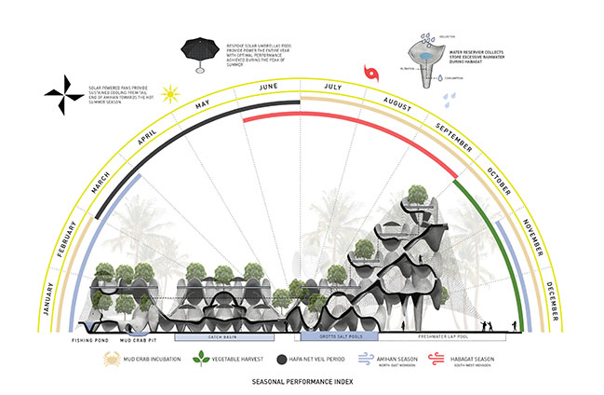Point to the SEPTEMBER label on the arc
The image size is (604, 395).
coord(453,137)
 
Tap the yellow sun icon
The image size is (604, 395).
coord(170,92)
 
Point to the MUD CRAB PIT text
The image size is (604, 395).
coord(139,341)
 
